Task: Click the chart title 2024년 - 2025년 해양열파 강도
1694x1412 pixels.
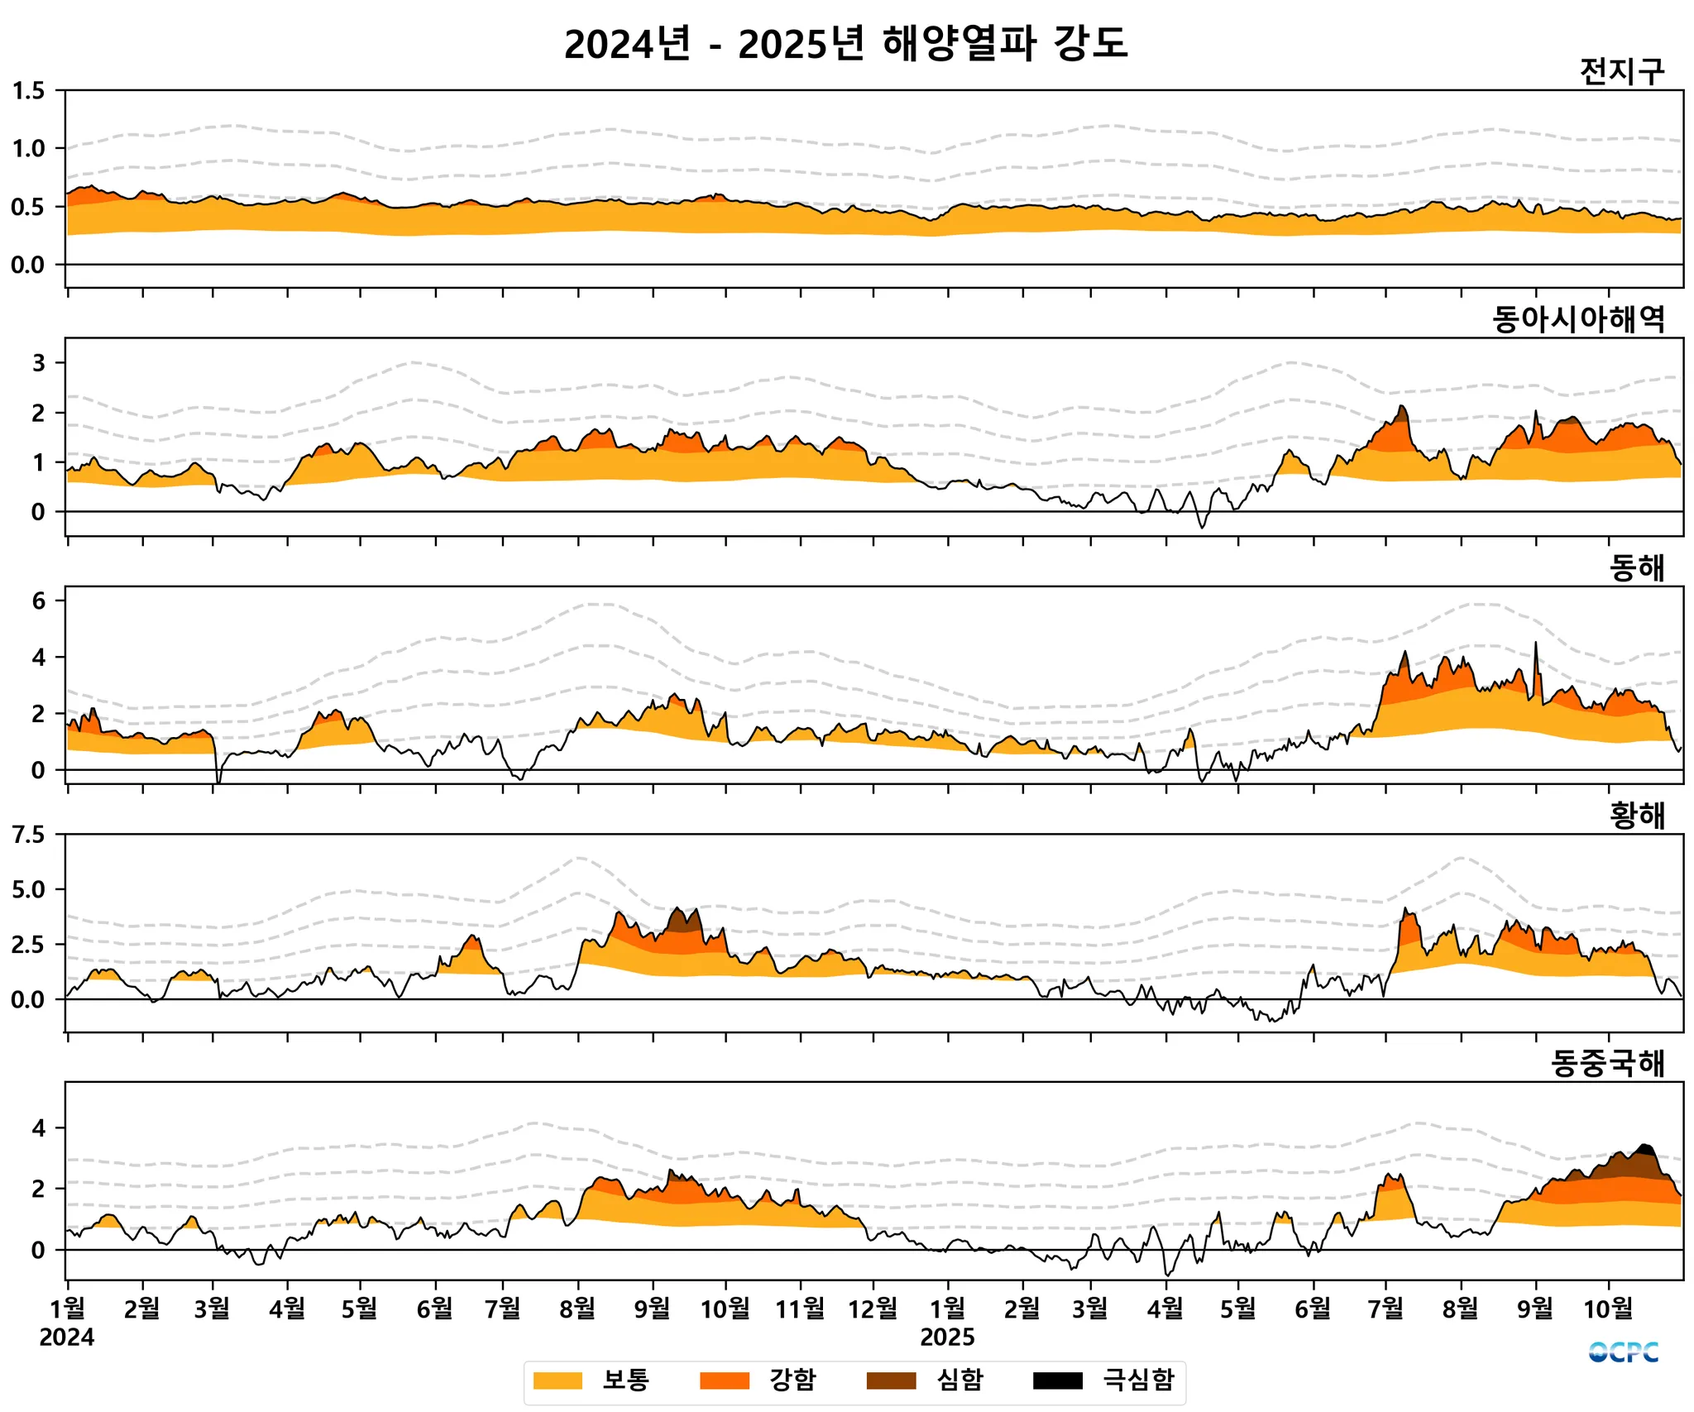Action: coord(845,44)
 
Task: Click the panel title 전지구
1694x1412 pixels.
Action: coord(1621,72)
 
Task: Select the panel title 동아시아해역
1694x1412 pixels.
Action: coord(1578,319)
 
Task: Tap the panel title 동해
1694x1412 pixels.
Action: coord(1636,568)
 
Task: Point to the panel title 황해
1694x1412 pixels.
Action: coord(1636,816)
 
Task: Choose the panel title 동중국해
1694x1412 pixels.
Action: coord(1607,1064)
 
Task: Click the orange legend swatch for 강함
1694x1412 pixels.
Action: coord(724,1381)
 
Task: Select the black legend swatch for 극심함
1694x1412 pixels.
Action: coord(1057,1381)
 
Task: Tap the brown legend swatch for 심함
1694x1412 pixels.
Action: coord(891,1381)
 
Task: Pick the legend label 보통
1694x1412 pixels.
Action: coord(625,1380)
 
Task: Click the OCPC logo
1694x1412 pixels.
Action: coord(1623,1352)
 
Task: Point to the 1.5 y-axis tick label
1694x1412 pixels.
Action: coord(29,91)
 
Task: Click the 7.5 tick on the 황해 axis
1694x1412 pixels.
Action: coord(29,835)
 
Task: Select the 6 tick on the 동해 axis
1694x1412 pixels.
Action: coord(38,601)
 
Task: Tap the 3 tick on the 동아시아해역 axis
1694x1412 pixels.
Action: coord(38,362)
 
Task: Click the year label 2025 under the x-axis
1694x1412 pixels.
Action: coord(947,1338)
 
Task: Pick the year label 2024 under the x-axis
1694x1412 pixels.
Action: coord(67,1338)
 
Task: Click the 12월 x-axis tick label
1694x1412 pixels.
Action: coord(873,1309)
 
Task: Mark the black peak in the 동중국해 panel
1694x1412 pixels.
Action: coord(1644,1149)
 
